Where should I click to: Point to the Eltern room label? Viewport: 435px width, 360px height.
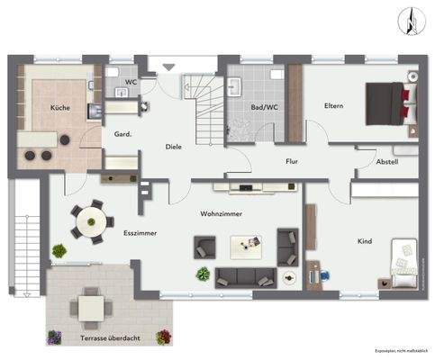[334, 106]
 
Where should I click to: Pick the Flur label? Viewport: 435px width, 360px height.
[291, 162]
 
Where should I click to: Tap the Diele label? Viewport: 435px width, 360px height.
[173, 146]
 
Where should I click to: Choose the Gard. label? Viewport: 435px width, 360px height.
[123, 135]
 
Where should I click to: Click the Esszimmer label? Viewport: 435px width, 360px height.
[140, 232]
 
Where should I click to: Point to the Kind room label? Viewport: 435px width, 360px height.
[364, 241]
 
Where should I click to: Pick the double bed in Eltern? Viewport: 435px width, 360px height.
[390, 104]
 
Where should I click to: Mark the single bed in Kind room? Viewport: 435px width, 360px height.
[402, 258]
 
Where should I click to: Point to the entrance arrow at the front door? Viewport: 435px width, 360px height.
[167, 67]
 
